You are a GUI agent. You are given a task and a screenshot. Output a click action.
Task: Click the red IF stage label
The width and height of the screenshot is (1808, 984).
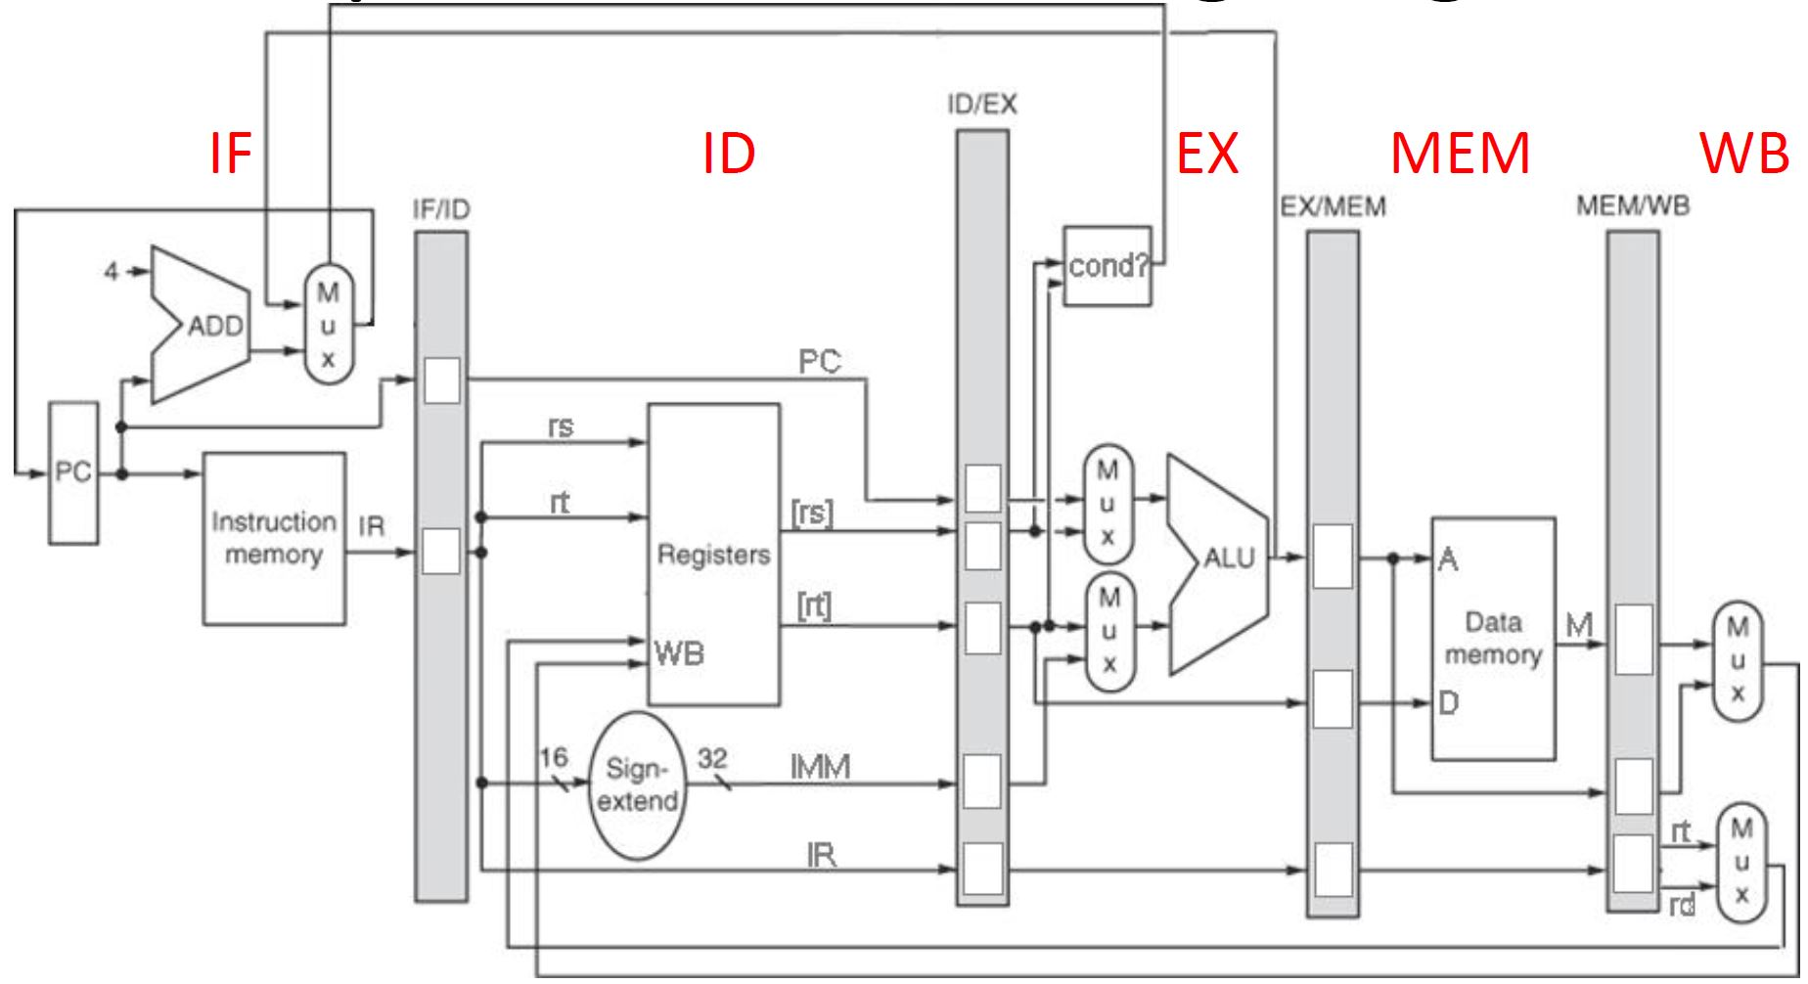(231, 155)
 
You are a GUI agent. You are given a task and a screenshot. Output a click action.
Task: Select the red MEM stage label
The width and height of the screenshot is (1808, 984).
(1459, 155)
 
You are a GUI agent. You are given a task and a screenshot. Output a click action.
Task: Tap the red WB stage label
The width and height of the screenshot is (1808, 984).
(1744, 155)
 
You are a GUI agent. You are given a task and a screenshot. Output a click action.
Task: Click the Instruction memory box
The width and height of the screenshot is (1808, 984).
(274, 538)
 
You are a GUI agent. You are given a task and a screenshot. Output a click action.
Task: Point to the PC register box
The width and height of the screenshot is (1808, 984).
(73, 472)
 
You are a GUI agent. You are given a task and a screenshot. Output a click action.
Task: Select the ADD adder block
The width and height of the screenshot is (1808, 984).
(201, 325)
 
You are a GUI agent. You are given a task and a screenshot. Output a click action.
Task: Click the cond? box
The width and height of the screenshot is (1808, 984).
(1107, 266)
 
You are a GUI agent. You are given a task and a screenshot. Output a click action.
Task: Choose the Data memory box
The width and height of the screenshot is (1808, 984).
(1493, 638)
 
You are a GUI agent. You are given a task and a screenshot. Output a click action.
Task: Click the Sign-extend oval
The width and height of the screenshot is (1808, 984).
(638, 784)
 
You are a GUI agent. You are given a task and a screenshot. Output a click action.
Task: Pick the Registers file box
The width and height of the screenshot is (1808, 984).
(713, 555)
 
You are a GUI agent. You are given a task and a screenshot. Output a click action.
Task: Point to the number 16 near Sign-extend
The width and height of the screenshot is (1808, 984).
(553, 757)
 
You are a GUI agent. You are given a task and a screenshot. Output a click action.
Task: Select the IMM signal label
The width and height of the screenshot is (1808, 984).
(820, 767)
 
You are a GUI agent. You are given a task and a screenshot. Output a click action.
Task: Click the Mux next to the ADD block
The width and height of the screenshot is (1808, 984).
(329, 325)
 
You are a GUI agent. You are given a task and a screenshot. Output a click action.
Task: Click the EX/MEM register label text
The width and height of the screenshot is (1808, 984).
(1333, 206)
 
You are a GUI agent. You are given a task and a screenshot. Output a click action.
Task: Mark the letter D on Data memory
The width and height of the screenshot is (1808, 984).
(1448, 702)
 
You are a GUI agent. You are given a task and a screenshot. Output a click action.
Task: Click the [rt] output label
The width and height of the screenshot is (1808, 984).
(814, 606)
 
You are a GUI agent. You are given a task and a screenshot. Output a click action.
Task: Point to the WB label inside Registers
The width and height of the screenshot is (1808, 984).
(679, 652)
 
